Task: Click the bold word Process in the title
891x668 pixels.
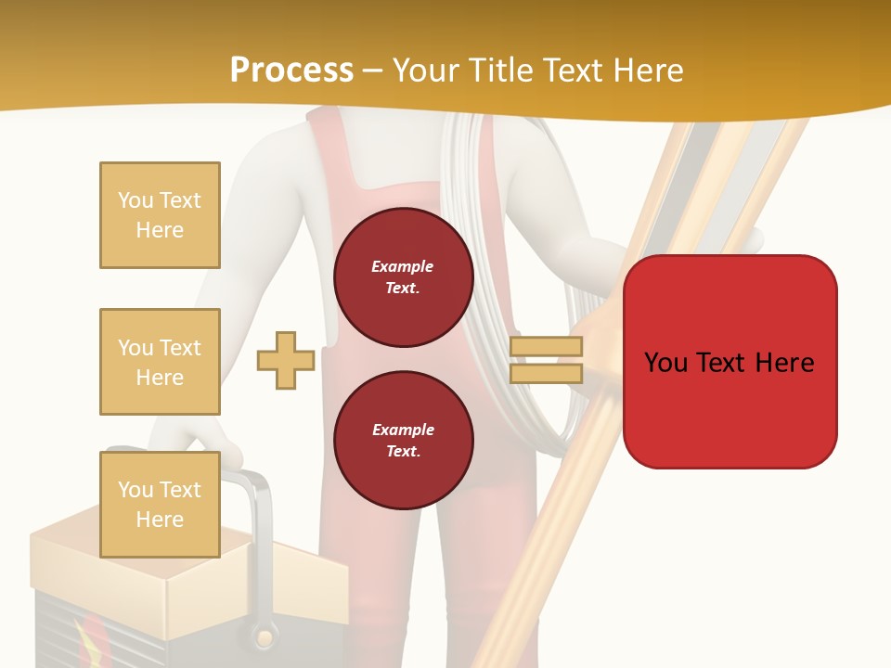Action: [x=291, y=71]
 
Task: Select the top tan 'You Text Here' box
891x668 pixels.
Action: [x=160, y=215]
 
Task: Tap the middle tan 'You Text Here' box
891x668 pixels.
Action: [x=160, y=362]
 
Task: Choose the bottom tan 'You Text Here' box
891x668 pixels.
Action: [x=160, y=505]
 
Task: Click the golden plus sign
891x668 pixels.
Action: [x=286, y=361]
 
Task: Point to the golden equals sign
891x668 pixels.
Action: [x=546, y=360]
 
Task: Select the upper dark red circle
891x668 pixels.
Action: [x=403, y=277]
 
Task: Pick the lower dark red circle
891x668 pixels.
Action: [x=403, y=441]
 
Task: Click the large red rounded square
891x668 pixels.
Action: [x=730, y=361]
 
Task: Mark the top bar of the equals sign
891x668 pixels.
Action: [x=546, y=347]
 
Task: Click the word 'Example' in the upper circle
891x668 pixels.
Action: [x=403, y=266]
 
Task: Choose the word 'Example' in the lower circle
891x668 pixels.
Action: [x=403, y=430]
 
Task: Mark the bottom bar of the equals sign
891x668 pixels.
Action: [x=546, y=373]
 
